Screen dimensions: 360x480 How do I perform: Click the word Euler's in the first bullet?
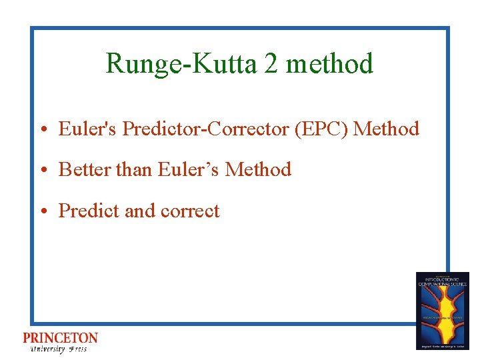pyautogui.click(x=88, y=129)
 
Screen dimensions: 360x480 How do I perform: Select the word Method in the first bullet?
pyautogui.click(x=386, y=129)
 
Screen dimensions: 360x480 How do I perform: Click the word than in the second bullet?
pyautogui.click(x=135, y=170)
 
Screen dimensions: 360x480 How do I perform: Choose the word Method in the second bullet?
pyautogui.click(x=258, y=170)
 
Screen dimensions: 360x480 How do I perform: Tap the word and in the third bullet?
pyautogui.click(x=140, y=211)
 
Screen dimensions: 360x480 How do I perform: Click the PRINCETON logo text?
pyautogui.click(x=60, y=338)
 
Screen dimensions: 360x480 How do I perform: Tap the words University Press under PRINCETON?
pyautogui.click(x=58, y=349)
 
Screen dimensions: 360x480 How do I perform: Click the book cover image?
pyautogui.click(x=442, y=311)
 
